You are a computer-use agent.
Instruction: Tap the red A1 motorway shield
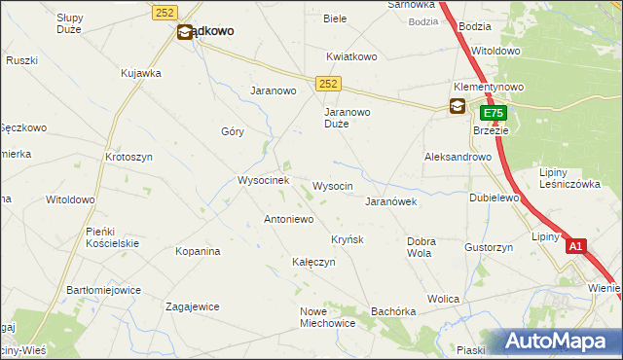click(576, 247)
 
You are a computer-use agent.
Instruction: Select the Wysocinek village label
click(264, 181)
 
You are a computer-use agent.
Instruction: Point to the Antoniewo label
click(288, 220)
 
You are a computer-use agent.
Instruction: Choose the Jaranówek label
click(390, 202)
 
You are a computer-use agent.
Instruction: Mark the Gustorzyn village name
click(489, 248)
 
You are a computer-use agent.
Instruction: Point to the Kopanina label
click(198, 251)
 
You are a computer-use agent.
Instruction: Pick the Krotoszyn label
click(128, 157)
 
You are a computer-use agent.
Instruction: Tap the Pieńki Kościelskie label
click(113, 236)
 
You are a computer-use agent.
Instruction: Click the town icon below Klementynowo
click(457, 107)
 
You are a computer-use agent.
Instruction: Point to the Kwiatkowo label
click(351, 56)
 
